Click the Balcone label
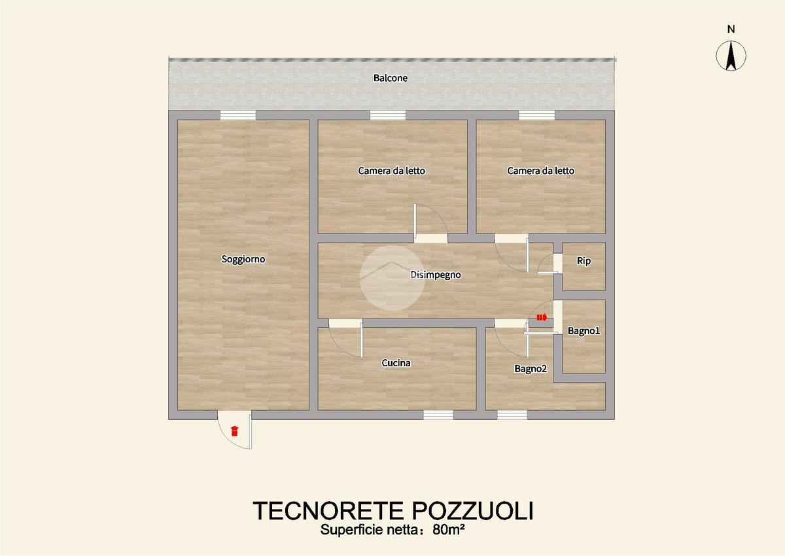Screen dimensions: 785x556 click(x=391, y=78)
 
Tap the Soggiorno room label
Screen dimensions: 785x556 click(x=243, y=259)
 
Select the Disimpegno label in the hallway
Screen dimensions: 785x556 click(x=436, y=275)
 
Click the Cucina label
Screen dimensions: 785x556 click(x=396, y=363)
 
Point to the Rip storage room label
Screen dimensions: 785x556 click(x=584, y=261)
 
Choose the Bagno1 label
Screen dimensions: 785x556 click(x=584, y=331)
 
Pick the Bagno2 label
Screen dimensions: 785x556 click(x=531, y=368)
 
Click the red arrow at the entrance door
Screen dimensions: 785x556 click(x=234, y=431)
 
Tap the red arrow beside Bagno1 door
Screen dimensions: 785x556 click(x=542, y=317)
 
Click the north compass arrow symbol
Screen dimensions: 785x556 click(x=731, y=56)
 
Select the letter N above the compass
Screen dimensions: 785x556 click(x=731, y=29)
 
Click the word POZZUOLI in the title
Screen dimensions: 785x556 click(x=473, y=511)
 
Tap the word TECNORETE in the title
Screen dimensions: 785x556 click(x=328, y=511)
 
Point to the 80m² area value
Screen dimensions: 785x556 click(x=449, y=529)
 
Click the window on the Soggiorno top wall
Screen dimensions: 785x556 click(x=238, y=115)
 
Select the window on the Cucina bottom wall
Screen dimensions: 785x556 click(x=438, y=415)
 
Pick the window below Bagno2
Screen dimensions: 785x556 click(x=512, y=415)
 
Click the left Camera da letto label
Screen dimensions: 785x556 click(x=391, y=171)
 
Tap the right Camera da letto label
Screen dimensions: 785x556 click(x=541, y=171)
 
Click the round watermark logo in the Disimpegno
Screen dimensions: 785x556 click(x=392, y=278)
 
